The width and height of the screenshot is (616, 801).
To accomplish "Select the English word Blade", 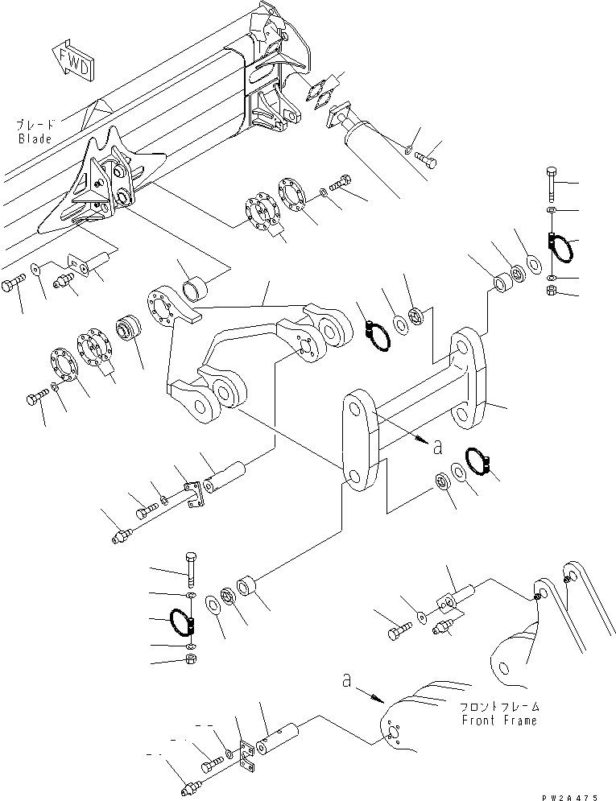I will tap(34, 138).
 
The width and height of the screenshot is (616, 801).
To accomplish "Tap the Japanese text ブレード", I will tap(35, 125).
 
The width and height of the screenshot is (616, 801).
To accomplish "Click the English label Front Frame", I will tap(498, 720).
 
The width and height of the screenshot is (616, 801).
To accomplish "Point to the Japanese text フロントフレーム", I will tap(498, 707).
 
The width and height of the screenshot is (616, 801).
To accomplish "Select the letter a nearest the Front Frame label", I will tap(347, 681).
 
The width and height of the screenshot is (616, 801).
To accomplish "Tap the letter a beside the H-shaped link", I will tap(437, 444).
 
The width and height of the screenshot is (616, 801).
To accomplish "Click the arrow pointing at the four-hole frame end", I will tap(367, 692).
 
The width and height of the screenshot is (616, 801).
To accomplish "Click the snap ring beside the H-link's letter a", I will tap(477, 462).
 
